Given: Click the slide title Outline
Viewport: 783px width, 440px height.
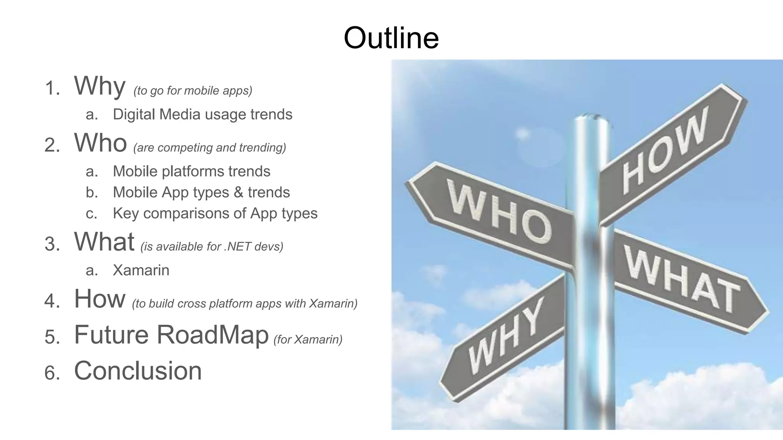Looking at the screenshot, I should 391,38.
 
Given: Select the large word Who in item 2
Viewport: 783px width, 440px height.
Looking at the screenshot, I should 100,143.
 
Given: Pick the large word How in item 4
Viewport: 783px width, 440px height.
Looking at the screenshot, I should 99,299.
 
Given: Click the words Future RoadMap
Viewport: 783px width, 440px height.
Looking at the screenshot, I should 171,335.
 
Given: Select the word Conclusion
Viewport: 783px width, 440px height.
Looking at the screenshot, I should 138,370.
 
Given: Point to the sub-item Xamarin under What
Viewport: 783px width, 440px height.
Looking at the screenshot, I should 141,270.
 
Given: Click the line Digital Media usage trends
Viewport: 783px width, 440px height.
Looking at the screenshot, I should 202,114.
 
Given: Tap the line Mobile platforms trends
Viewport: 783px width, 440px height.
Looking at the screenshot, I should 191,171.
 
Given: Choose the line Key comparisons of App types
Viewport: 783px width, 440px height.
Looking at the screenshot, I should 215,213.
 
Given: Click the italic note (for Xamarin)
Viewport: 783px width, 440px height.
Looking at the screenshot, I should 308,339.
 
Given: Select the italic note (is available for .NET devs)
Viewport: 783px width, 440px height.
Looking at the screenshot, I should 212,246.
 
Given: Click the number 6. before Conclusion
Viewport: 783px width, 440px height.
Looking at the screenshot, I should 52,372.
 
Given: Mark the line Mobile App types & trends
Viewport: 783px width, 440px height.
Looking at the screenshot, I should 201,192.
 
